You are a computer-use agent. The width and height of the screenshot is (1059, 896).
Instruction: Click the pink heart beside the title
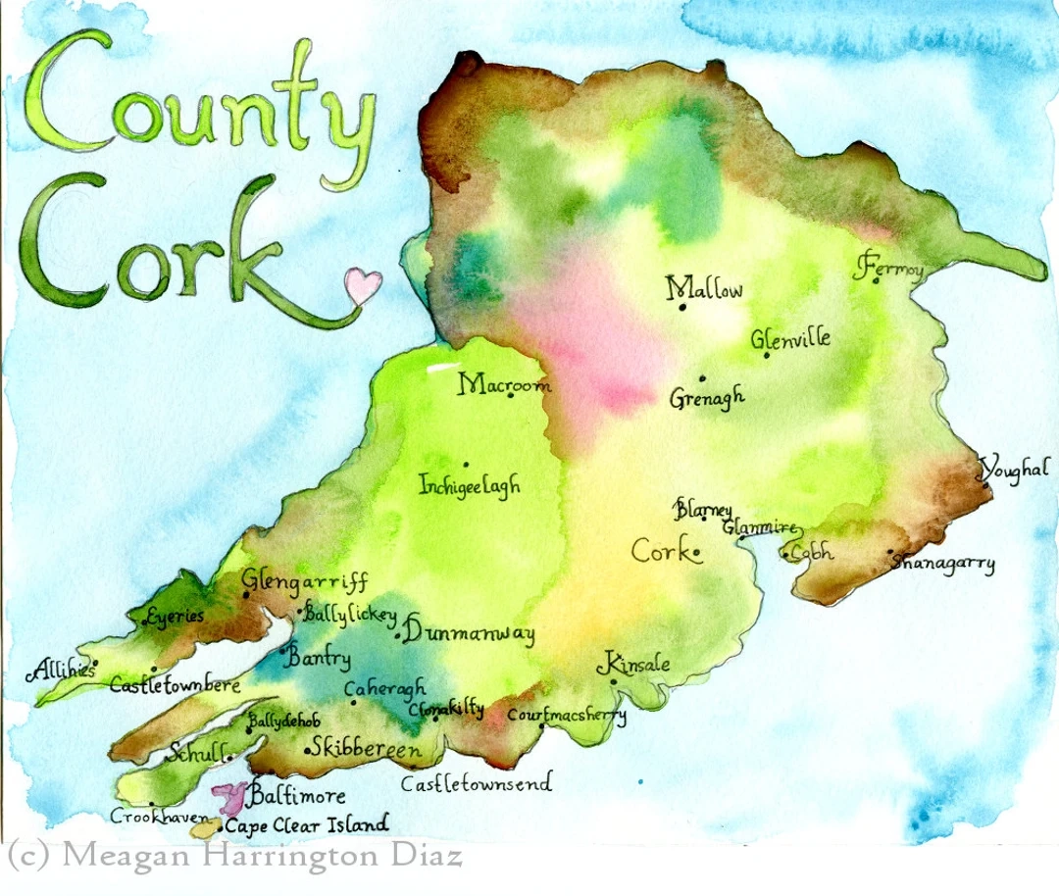[363, 285]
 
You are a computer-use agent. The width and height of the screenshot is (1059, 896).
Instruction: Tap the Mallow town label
[704, 289]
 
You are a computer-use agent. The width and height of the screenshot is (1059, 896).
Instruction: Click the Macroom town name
[504, 383]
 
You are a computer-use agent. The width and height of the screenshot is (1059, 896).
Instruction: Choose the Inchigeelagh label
[470, 485]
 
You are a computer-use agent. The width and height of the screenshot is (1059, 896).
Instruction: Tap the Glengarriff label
[304, 581]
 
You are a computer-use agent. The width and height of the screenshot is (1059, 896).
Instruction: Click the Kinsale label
[638, 664]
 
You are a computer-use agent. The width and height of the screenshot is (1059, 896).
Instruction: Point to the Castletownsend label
[477, 782]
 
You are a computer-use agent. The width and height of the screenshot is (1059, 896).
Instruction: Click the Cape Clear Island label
[306, 825]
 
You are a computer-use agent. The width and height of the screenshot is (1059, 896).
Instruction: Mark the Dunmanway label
[469, 633]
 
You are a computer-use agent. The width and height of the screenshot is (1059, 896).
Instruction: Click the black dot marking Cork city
[696, 554]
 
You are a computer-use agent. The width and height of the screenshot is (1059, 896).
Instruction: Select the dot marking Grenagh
[702, 378]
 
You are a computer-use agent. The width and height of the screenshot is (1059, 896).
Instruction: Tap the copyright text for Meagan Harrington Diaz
[233, 856]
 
